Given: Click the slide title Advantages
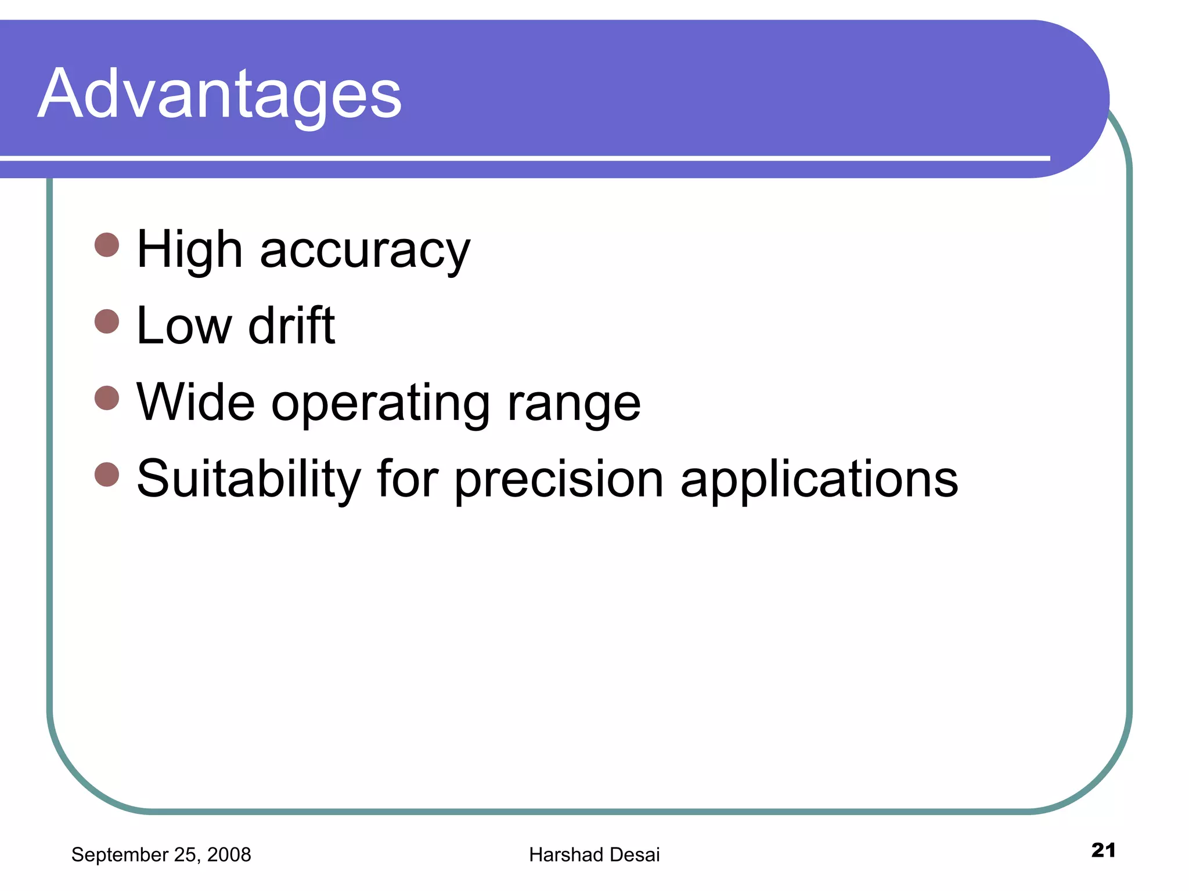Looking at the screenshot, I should [219, 94].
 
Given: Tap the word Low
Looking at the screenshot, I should [183, 326].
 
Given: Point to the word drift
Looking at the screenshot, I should [291, 326].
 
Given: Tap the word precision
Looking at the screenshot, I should [559, 480].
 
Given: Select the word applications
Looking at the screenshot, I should [819, 480].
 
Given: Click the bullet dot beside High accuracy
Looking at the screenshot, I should [107, 245].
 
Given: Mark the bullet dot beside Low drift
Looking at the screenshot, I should [107, 321].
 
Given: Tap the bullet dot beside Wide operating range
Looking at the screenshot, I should [107, 398].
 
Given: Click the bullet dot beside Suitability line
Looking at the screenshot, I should [107, 475].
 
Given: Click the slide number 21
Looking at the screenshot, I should [1103, 850].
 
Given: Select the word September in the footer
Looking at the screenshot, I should [120, 855].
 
